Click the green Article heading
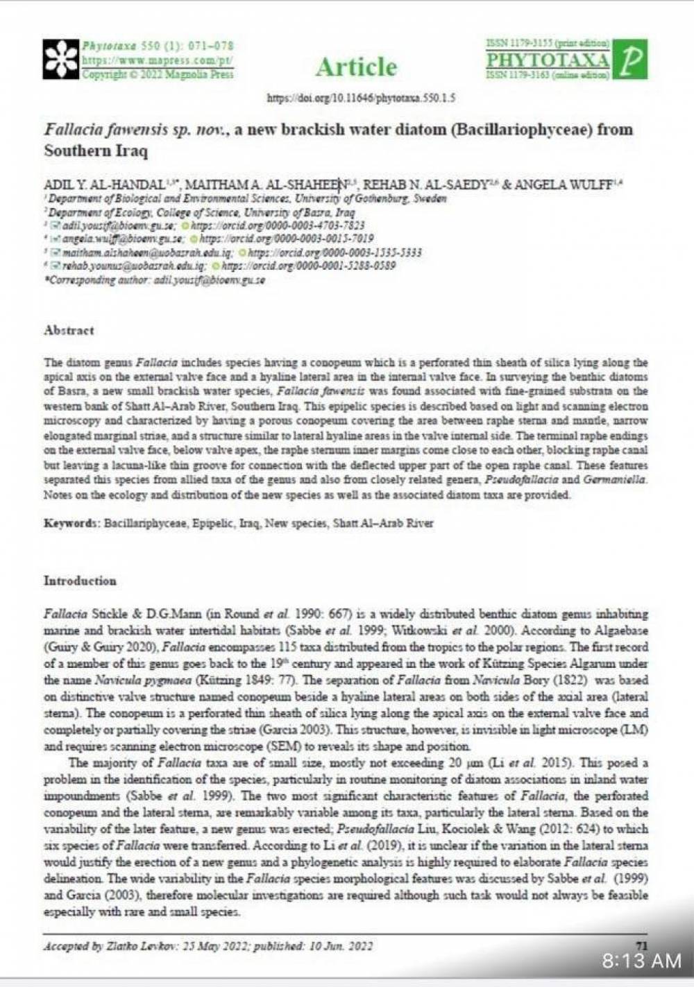click(357, 67)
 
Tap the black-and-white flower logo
click(61, 59)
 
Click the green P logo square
click(631, 60)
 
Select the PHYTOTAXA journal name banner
click(548, 60)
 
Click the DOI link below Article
click(361, 98)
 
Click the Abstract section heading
click(69, 330)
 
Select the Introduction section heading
click(80, 581)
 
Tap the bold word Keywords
click(72, 523)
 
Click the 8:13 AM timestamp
click(642, 961)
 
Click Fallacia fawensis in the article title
click(104, 130)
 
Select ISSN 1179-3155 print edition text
click(548, 44)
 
